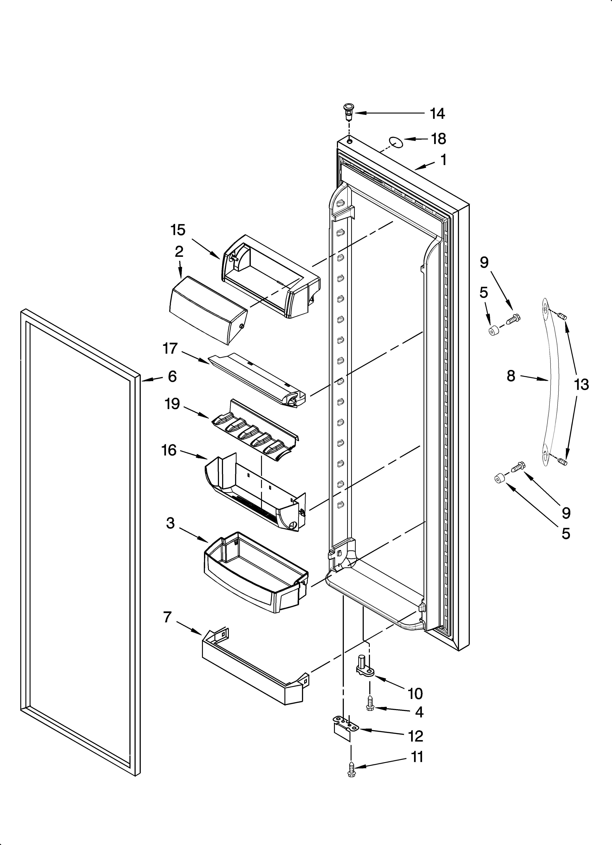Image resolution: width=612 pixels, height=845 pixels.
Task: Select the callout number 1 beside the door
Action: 443,160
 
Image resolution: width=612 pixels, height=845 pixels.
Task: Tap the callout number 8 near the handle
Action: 511,376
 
